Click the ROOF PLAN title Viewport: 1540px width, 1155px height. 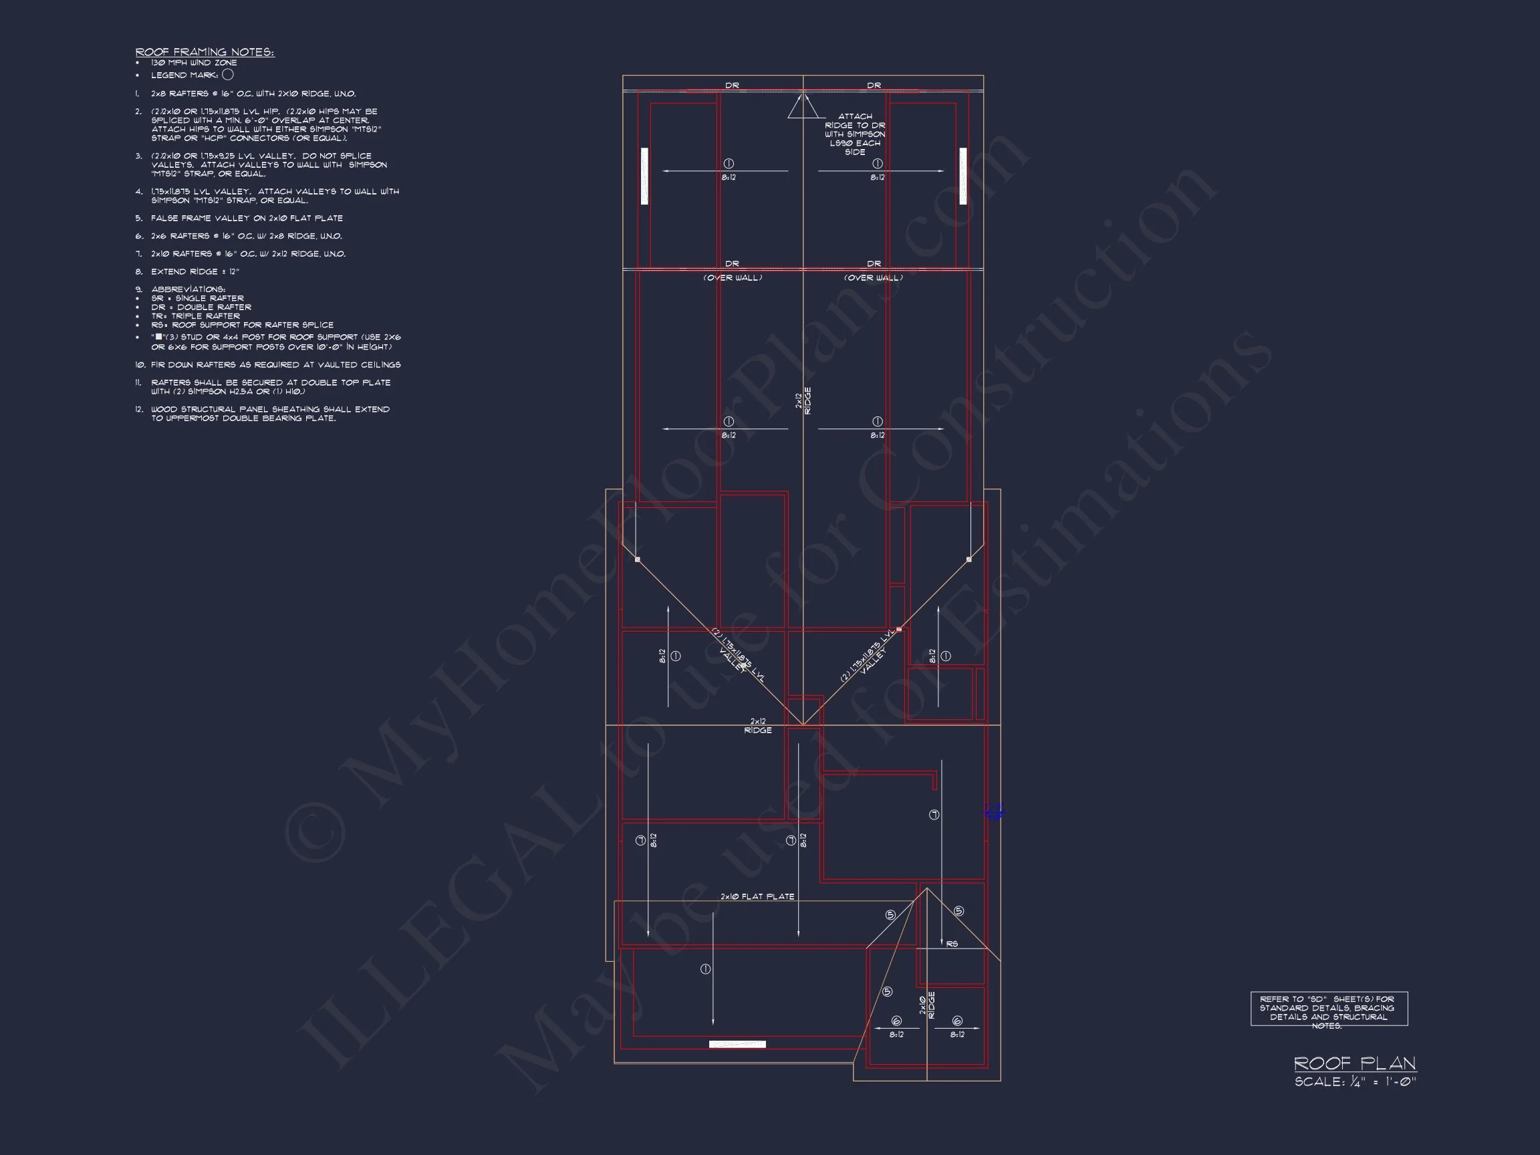click(1354, 1063)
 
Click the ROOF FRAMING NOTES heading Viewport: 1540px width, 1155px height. click(205, 51)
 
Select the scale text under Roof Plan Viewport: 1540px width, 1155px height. click(1355, 1082)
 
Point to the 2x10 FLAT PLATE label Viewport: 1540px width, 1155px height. click(757, 897)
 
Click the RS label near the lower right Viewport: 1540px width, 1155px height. click(952, 944)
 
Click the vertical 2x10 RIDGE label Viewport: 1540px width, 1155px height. click(927, 1005)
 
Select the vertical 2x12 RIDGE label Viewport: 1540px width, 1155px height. click(803, 401)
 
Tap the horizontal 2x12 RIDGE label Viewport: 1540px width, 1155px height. click(757, 726)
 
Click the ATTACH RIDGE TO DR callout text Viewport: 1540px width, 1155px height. click(855, 134)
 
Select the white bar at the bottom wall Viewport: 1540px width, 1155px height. click(737, 1044)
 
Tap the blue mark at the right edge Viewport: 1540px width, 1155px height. click(995, 811)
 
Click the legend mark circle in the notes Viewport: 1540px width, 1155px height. click(228, 74)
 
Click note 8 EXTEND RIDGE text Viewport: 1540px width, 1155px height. click(195, 271)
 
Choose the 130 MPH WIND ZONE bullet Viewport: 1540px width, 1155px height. click(194, 63)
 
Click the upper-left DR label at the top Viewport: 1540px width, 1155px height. click(732, 86)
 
